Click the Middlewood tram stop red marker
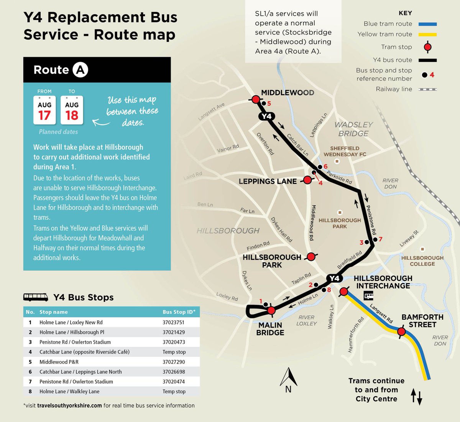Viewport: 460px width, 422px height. pyautogui.click(x=256, y=99)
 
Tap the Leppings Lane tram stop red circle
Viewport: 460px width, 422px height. pyautogui.click(x=307, y=180)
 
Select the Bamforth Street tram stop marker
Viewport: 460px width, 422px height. pyautogui.click(x=401, y=331)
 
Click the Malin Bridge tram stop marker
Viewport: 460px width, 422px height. pyautogui.click(x=271, y=310)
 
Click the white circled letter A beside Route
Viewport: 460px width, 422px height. pyautogui.click(x=80, y=70)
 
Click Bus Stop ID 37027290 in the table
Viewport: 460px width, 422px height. pyautogui.click(x=174, y=362)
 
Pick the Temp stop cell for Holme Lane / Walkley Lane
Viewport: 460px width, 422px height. pyautogui.click(x=174, y=391)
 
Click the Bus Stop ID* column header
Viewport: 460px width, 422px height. pyautogui.click(x=179, y=312)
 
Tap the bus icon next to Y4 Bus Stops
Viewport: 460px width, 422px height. pyautogui.click(x=36, y=297)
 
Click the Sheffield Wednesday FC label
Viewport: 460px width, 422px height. pyautogui.click(x=345, y=151)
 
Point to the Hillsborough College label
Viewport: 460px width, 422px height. pyautogui.click(x=422, y=261)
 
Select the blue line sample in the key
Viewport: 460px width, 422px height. pyautogui.click(x=427, y=24)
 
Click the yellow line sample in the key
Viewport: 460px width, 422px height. pyautogui.click(x=427, y=35)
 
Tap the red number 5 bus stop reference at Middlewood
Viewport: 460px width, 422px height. pyautogui.click(x=269, y=104)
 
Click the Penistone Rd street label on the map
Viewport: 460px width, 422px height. pyautogui.click(x=371, y=220)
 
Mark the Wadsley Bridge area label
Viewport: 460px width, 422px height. pyautogui.click(x=353, y=129)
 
